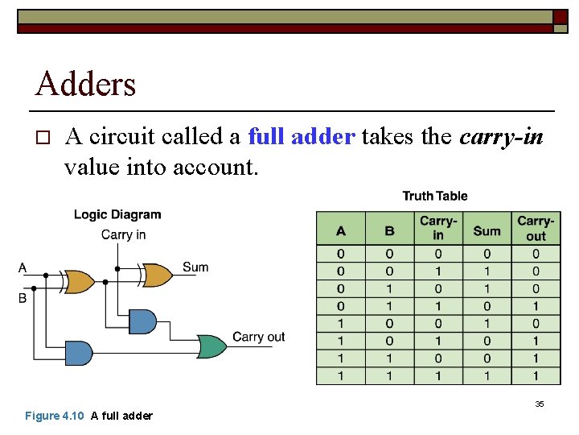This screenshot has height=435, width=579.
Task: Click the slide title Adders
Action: (x=86, y=83)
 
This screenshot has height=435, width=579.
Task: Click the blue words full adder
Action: (x=302, y=137)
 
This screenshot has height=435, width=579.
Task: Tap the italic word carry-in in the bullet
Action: (x=501, y=137)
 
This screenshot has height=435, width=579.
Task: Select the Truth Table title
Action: (x=434, y=196)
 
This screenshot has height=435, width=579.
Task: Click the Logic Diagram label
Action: (x=117, y=214)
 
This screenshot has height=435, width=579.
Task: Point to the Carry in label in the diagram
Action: (x=123, y=234)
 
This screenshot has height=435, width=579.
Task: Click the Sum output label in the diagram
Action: (x=195, y=267)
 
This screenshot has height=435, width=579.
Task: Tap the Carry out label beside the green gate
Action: (x=258, y=337)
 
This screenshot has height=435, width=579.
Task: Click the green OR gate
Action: (x=211, y=346)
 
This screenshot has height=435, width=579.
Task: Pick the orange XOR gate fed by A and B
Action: (x=79, y=281)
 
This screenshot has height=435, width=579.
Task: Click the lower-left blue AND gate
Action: (x=78, y=353)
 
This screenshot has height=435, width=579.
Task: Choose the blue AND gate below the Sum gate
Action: (x=142, y=321)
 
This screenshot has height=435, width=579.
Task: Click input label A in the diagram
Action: (x=23, y=267)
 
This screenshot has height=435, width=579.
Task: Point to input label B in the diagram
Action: (x=23, y=298)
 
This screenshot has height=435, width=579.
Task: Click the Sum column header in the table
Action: (x=487, y=230)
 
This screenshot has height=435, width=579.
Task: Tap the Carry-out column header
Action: (x=536, y=229)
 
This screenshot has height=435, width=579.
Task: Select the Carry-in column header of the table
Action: (x=437, y=229)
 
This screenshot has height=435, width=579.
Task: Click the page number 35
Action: (x=540, y=404)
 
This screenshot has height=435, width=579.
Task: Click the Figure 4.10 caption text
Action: (x=88, y=416)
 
